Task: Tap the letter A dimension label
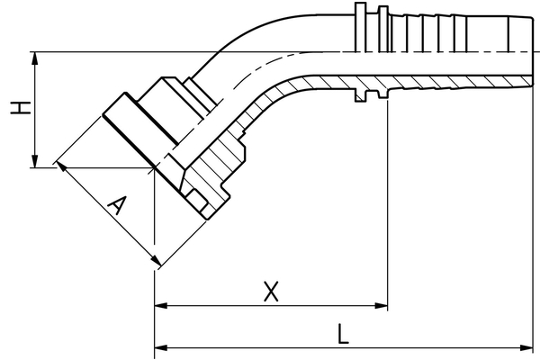114,208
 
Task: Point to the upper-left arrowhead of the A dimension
60,166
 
